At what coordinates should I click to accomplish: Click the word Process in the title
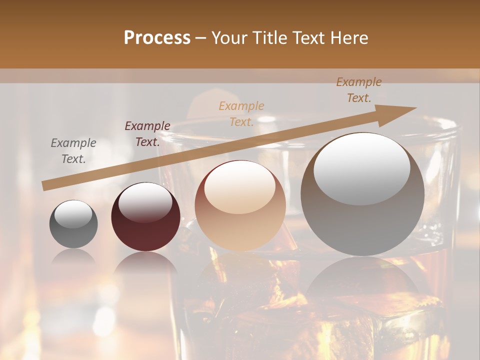pyautogui.click(x=157, y=38)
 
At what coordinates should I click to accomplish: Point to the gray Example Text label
pyautogui.click(x=73, y=151)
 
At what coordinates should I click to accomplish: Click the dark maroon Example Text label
pyautogui.click(x=147, y=134)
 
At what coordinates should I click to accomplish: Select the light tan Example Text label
pyautogui.click(x=241, y=113)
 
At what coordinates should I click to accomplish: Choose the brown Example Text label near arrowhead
pyautogui.click(x=358, y=90)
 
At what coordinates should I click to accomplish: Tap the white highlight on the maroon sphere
pyautogui.click(x=145, y=202)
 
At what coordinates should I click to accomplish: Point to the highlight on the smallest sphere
pyautogui.click(x=73, y=214)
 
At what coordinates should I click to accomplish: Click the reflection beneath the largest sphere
pyautogui.click(x=362, y=280)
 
